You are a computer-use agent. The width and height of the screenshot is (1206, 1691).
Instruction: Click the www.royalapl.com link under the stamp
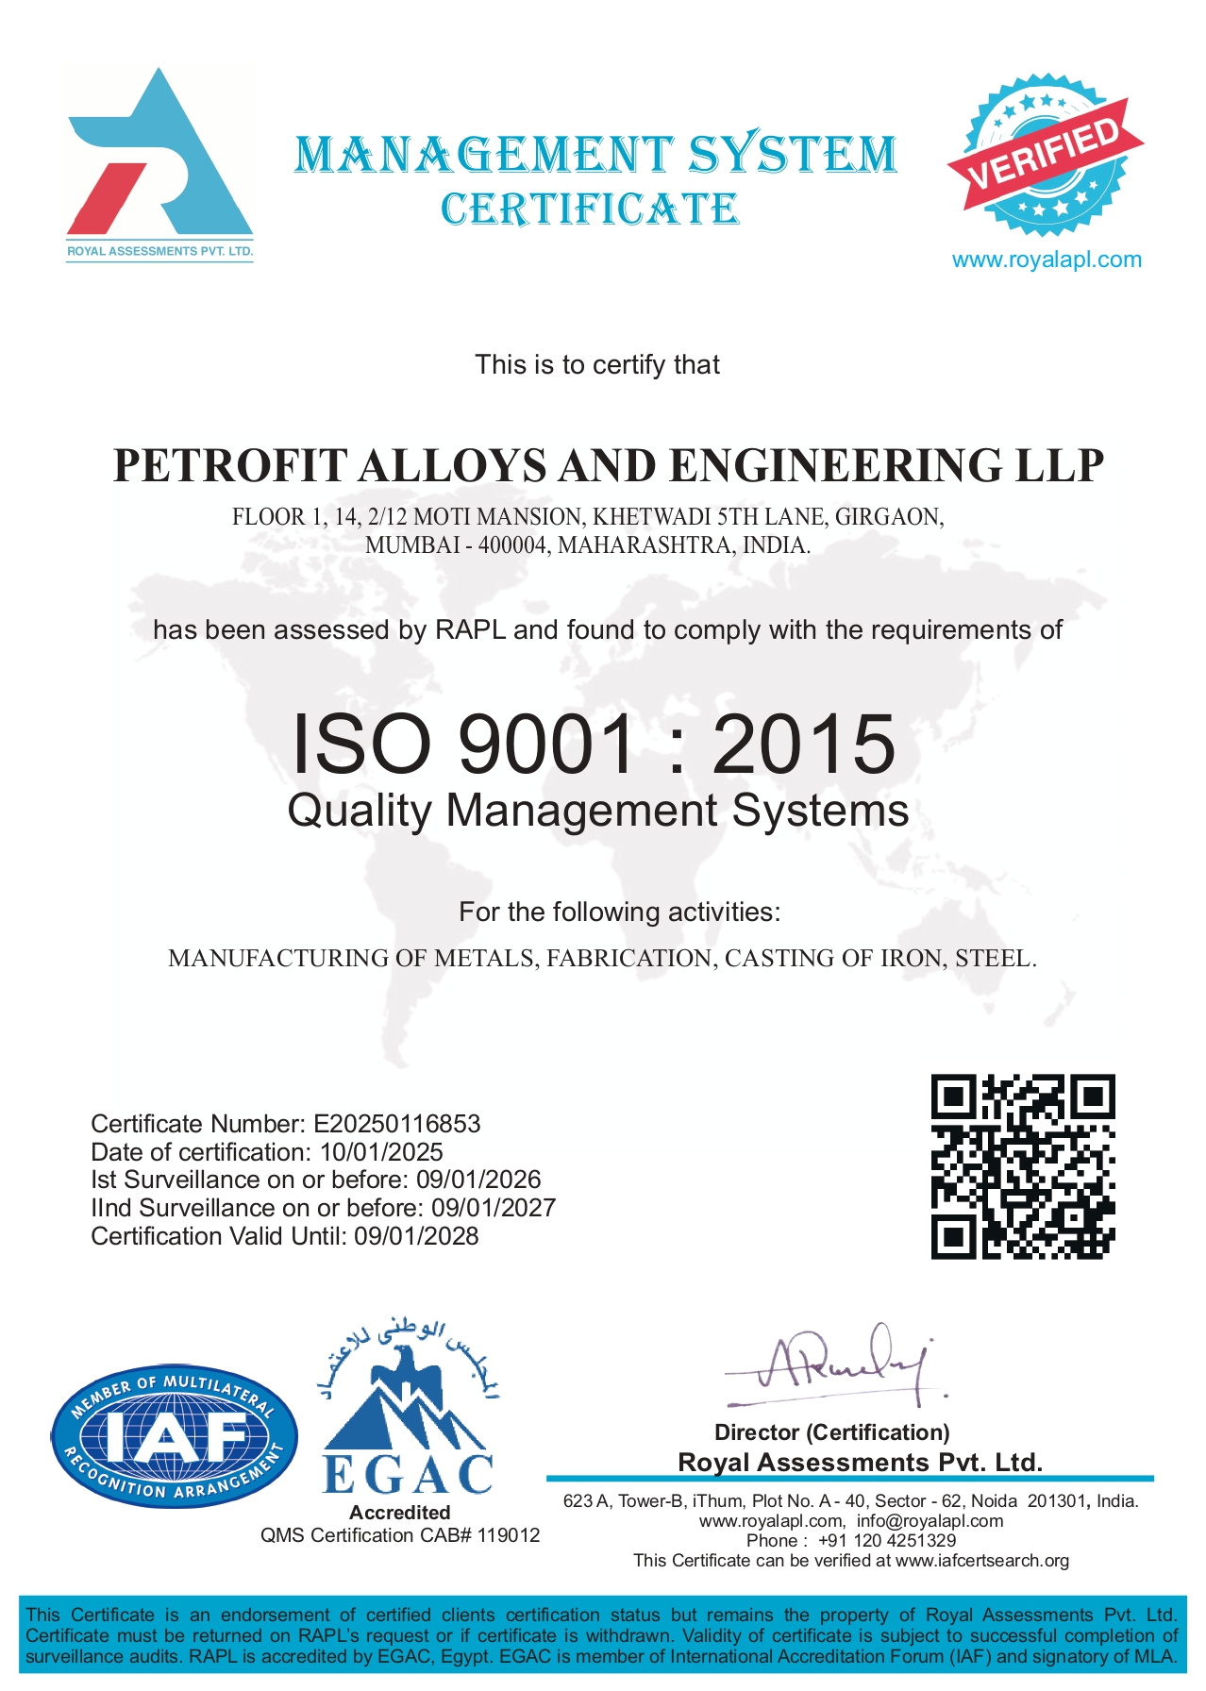click(x=1046, y=260)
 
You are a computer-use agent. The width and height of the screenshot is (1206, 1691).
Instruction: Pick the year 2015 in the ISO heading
click(x=803, y=744)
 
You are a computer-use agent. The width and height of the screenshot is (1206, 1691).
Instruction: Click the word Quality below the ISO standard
click(x=360, y=811)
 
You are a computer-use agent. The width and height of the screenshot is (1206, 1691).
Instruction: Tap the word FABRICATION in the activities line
click(x=629, y=959)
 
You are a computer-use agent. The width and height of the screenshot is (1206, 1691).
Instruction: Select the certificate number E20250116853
click(x=396, y=1124)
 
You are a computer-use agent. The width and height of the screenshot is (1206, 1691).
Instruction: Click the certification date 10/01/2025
click(x=381, y=1152)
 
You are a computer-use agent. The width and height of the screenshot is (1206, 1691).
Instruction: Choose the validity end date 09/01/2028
click(x=416, y=1236)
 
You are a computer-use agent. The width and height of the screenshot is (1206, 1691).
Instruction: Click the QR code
click(x=1023, y=1166)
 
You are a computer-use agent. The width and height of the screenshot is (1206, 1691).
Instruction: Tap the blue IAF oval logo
click(x=175, y=1435)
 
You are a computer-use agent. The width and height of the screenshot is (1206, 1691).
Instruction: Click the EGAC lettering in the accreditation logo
click(x=408, y=1474)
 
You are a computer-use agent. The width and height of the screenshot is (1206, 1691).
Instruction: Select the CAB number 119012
click(x=509, y=1535)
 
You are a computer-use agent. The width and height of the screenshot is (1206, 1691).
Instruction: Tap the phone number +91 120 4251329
click(x=886, y=1540)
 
